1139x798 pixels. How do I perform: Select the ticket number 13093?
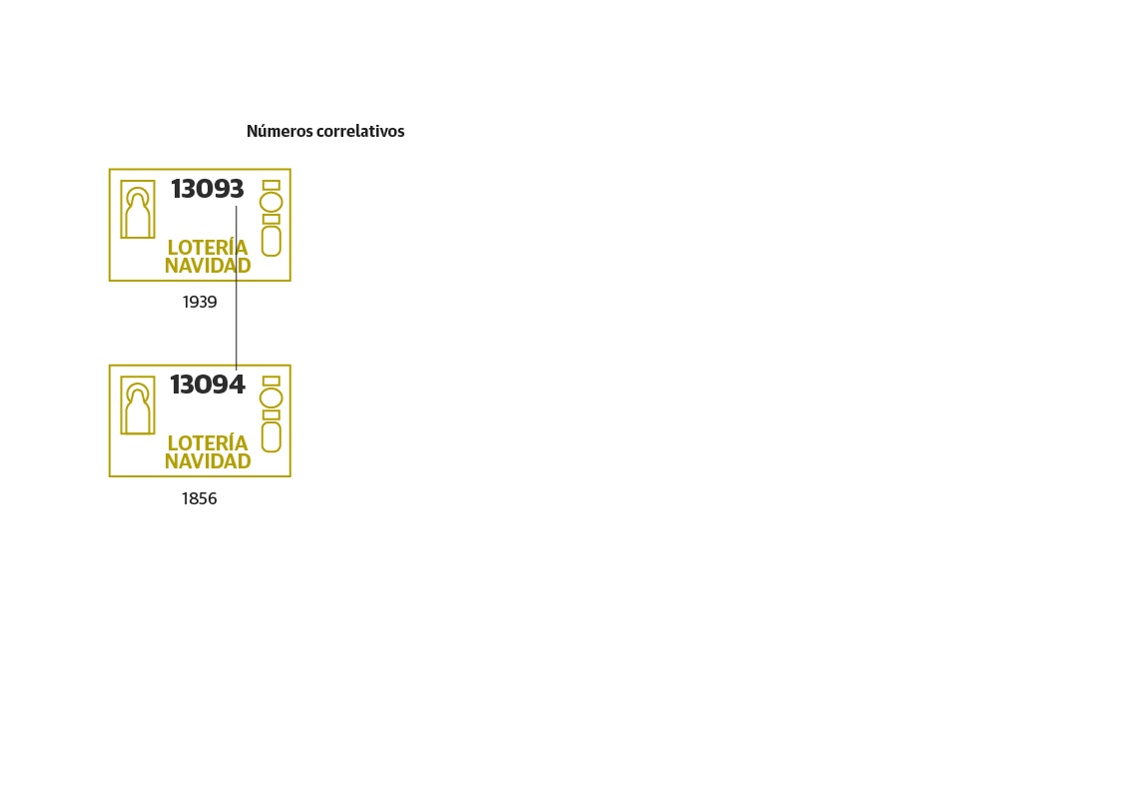click(208, 189)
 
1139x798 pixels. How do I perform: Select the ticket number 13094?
click(208, 385)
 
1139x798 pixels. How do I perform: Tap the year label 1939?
click(200, 302)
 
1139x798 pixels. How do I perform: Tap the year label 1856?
click(199, 498)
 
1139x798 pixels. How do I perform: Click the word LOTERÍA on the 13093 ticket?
click(208, 247)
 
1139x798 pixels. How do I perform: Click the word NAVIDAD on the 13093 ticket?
click(208, 266)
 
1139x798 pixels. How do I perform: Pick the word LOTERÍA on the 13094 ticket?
click(208, 442)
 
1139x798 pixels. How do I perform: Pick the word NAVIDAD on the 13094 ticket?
click(208, 461)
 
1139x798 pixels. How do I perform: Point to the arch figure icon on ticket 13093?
click(138, 210)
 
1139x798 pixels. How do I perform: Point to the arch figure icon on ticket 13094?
click(138, 405)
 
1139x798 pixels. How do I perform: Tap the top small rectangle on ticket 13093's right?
click(271, 186)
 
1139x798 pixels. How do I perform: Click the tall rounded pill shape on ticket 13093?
click(271, 242)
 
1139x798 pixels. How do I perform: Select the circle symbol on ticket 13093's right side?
click(271, 202)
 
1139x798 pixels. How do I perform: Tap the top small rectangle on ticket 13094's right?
click(271, 382)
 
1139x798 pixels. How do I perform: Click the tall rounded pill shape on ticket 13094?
click(271, 437)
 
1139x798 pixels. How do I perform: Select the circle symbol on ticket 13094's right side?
click(271, 398)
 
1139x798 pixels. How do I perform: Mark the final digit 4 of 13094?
click(237, 385)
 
